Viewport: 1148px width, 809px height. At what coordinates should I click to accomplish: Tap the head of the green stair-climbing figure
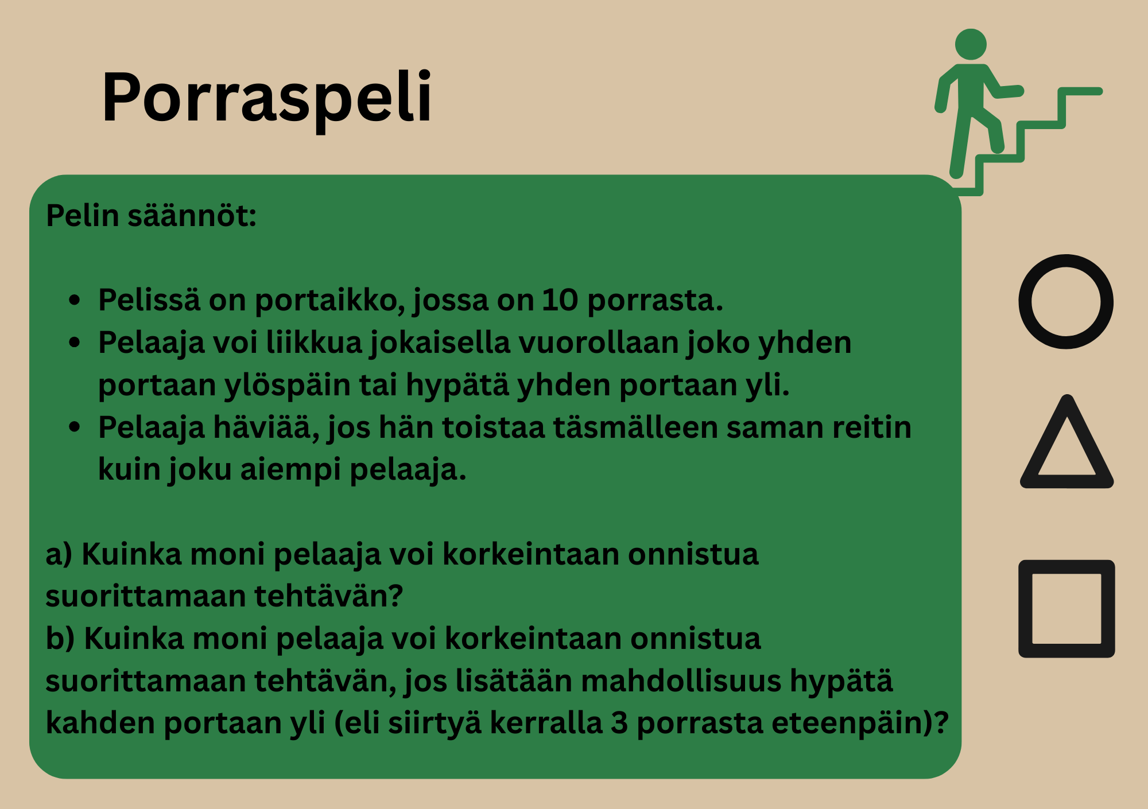971,44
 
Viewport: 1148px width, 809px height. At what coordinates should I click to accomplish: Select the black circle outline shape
1066,302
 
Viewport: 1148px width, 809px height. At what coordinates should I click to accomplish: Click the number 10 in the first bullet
560,300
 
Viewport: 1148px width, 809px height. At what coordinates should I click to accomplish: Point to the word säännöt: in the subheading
192,216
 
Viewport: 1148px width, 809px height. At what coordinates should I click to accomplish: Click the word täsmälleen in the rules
635,428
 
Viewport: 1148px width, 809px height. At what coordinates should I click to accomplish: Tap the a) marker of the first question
59,555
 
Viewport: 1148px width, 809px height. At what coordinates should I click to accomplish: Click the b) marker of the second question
60,639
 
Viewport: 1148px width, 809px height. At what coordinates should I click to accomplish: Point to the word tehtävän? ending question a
329,596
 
